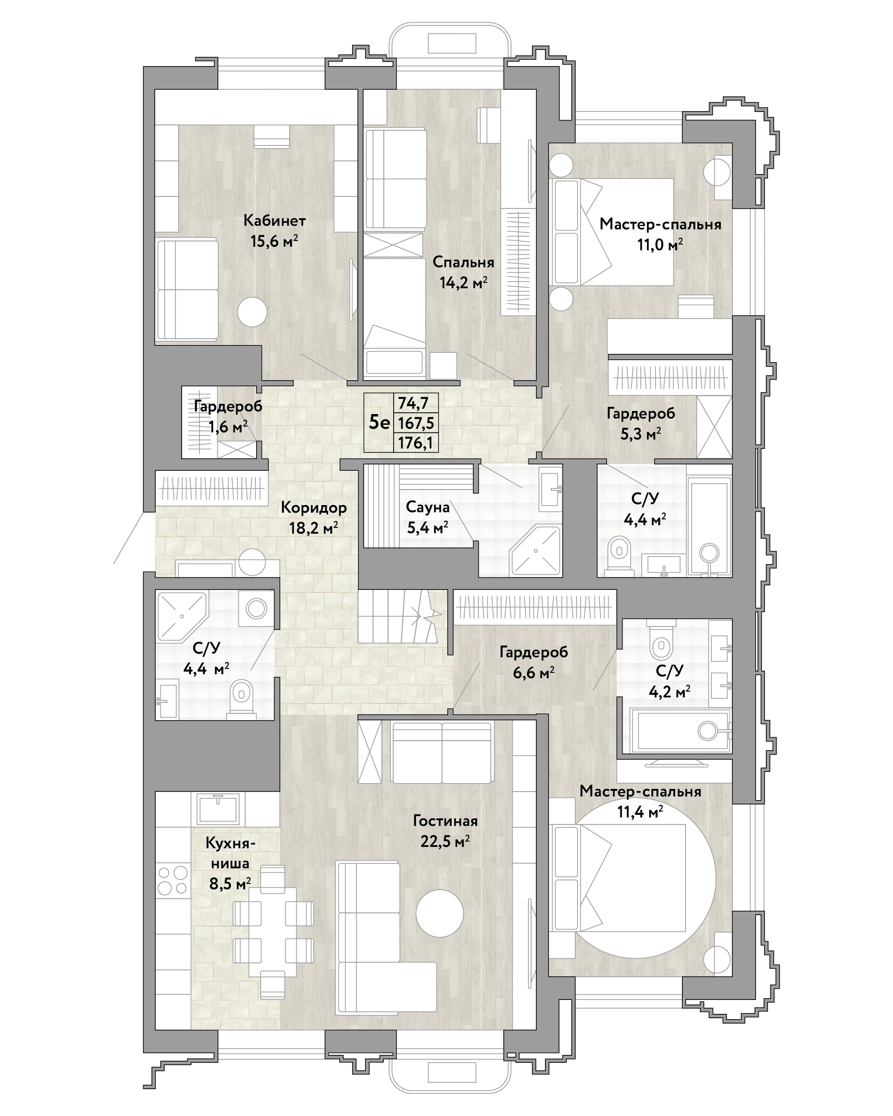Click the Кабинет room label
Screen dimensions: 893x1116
pos(274,220)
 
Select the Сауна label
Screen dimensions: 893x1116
pos(428,507)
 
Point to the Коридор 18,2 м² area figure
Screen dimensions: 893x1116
pos(314,528)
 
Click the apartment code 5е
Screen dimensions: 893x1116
pos(379,423)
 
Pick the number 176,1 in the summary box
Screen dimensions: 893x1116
pos(415,443)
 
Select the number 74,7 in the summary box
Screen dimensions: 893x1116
pos(414,402)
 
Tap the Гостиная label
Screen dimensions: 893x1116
pos(445,821)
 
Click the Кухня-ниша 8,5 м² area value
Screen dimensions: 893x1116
pos(230,883)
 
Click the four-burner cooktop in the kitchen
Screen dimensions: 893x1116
pos(173,880)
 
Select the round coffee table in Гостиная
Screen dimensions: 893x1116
pos(440,913)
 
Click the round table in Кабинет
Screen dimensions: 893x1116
pos(252,311)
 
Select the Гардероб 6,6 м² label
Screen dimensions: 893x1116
pos(534,663)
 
